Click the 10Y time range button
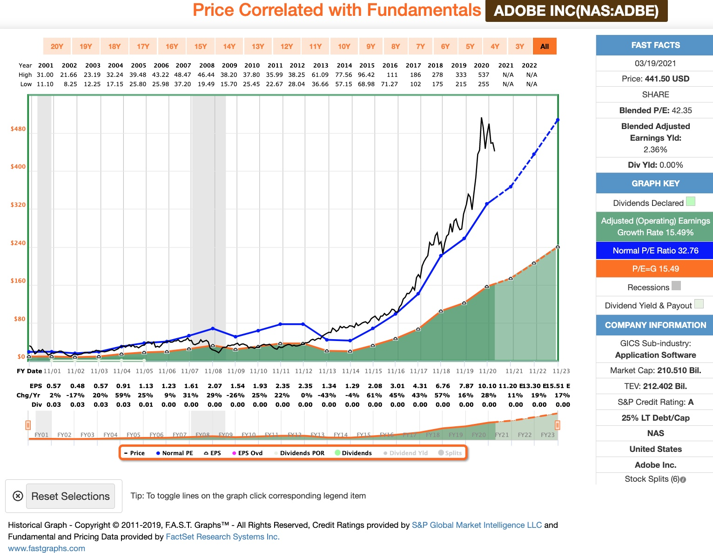tap(344, 47)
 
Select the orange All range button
tap(545, 47)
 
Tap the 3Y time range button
tap(519, 47)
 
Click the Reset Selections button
tap(70, 496)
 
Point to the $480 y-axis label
tap(18, 129)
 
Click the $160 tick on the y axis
tap(18, 281)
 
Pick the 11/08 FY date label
tap(213, 371)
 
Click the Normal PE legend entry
tap(175, 453)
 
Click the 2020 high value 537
tap(484, 75)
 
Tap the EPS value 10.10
tap(487, 386)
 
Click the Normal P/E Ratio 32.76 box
tap(655, 251)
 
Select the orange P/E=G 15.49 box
tap(655, 269)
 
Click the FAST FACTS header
tap(655, 45)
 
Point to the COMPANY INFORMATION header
tap(655, 325)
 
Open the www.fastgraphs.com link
tap(47, 548)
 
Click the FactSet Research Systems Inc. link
tap(222, 537)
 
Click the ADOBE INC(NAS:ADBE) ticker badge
tap(576, 11)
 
